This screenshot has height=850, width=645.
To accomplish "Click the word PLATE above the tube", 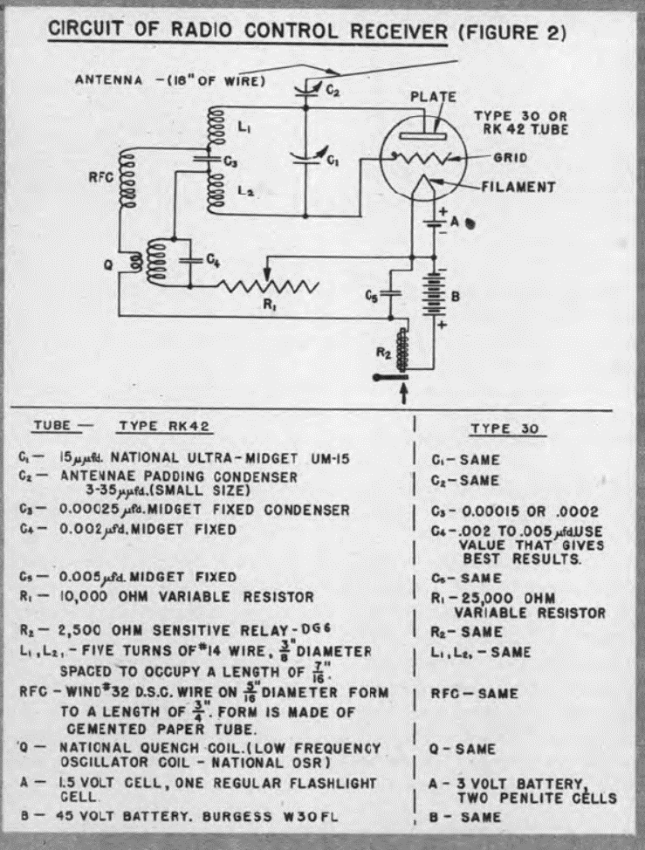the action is coord(433,97).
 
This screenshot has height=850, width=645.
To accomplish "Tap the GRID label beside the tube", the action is coord(510,158).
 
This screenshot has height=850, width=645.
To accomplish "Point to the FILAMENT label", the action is coord(518,187).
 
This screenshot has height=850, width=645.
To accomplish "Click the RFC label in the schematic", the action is coord(101,177).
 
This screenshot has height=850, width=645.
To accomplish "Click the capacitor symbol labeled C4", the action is coord(190,260).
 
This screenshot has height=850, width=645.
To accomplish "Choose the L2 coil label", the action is coord(245,191).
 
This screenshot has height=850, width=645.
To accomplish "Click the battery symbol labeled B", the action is coord(434,296).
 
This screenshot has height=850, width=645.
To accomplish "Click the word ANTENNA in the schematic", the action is coord(109,80).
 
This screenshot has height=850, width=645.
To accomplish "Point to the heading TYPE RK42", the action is coord(164,426).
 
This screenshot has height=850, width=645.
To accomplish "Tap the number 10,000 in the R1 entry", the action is coord(85,597).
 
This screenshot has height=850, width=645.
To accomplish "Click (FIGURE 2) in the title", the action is coord(512,33).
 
